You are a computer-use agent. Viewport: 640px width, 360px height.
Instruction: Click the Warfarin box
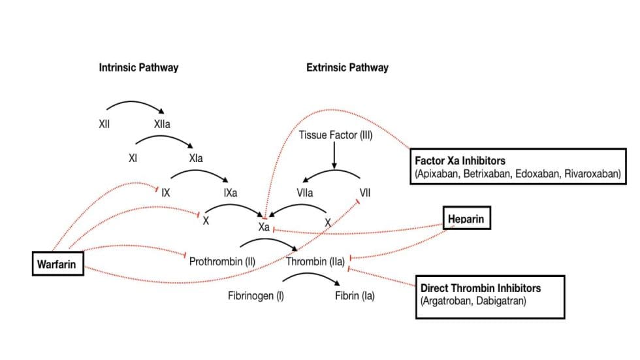[x=58, y=264]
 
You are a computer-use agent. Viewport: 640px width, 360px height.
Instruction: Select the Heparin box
[x=466, y=219]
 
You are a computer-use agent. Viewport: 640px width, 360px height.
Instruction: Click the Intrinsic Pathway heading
[x=138, y=67]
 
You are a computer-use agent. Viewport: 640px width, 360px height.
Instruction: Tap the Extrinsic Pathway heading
[x=347, y=67]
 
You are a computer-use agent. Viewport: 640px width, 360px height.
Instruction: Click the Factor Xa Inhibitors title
[x=460, y=160]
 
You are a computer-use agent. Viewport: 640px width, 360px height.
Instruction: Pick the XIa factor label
[x=195, y=158]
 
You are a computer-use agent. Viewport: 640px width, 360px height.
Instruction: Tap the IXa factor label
[x=230, y=193]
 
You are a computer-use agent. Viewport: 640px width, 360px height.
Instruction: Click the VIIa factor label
[x=304, y=193]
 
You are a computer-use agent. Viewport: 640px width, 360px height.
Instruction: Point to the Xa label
[x=264, y=226]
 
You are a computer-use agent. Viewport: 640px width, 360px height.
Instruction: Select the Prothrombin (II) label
[x=222, y=262]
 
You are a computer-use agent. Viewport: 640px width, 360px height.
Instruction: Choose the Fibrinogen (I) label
[x=255, y=296]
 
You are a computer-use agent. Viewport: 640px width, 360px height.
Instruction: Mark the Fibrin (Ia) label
[x=355, y=296]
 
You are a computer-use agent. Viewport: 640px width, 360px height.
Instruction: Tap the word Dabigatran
[x=502, y=301]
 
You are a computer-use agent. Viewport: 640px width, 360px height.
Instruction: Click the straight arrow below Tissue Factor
[x=334, y=155]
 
